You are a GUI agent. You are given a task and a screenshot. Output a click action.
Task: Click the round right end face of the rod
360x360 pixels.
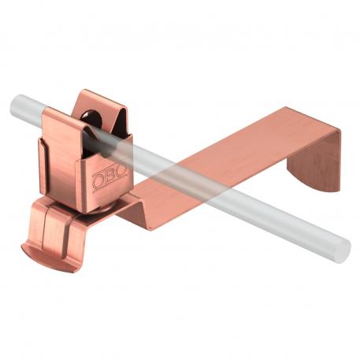(341, 251)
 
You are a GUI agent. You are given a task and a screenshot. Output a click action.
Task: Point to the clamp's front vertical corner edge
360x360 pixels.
(87, 177)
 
